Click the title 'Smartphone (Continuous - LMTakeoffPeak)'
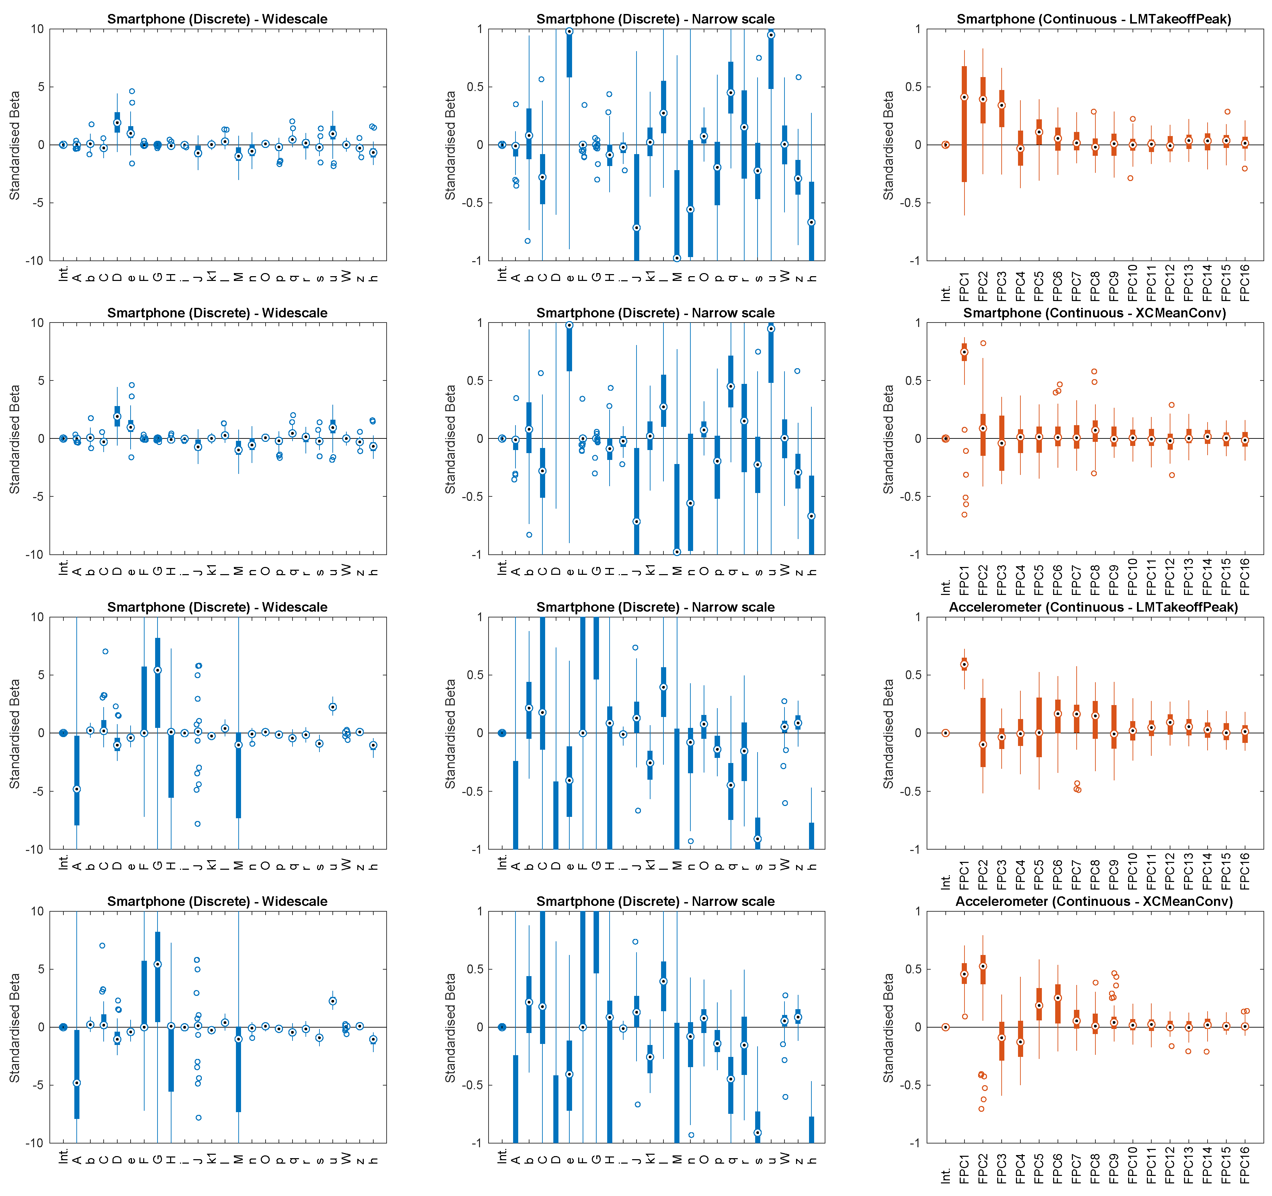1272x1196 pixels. [x=1093, y=19]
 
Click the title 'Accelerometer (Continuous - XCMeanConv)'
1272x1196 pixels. [x=1093, y=901]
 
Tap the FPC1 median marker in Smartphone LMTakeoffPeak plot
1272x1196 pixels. [x=964, y=97]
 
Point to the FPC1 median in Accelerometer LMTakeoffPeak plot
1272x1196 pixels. [x=964, y=664]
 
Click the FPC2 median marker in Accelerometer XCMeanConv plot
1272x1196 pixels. [x=983, y=966]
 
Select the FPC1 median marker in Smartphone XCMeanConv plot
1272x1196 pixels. [x=964, y=352]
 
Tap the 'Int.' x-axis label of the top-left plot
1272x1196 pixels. [x=63, y=274]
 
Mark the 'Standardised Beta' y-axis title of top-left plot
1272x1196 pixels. [x=14, y=145]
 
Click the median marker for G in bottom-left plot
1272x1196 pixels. [x=158, y=965]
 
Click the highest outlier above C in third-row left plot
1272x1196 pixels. [x=105, y=652]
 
